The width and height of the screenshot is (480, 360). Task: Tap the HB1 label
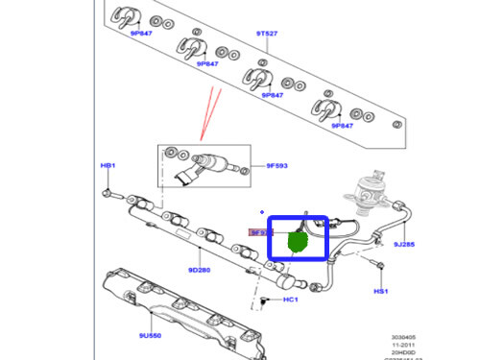click(108, 166)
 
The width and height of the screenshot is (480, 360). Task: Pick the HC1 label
click(290, 301)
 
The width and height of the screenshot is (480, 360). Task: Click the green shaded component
click(299, 242)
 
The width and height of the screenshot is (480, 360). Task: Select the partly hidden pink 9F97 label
click(258, 232)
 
